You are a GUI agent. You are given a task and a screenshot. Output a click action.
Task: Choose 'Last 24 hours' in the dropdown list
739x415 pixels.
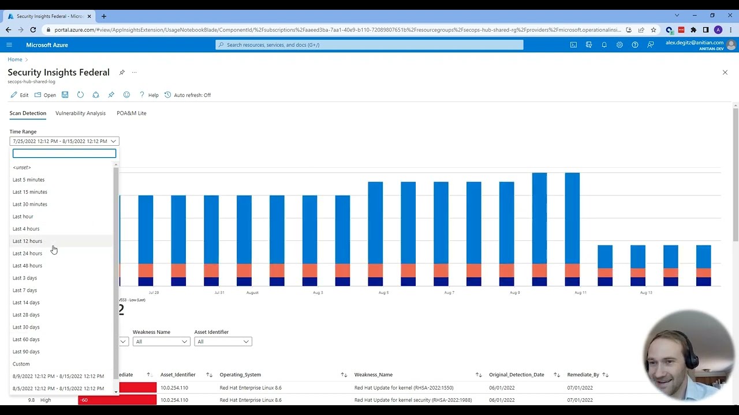click(x=27, y=253)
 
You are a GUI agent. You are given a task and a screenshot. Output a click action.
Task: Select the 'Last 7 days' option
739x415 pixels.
click(x=25, y=290)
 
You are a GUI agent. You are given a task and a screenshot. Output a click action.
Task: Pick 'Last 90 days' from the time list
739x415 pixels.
click(x=26, y=352)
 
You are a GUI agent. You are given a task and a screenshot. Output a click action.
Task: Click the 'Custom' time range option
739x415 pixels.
click(x=21, y=364)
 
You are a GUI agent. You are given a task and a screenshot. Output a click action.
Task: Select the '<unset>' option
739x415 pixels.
click(x=22, y=167)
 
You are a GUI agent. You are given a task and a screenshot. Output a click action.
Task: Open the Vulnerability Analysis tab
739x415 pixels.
click(x=80, y=113)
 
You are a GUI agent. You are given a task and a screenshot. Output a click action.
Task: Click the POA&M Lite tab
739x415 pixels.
click(x=131, y=113)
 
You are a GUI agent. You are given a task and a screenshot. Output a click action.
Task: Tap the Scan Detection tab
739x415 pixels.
click(x=28, y=113)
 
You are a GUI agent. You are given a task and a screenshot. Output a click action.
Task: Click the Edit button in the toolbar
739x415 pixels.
click(x=20, y=95)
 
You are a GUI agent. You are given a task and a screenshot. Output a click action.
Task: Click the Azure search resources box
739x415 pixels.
click(x=369, y=44)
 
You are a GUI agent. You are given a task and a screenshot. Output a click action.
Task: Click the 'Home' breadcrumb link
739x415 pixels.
click(x=15, y=59)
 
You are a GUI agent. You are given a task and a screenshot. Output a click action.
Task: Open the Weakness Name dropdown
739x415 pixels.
click(x=161, y=341)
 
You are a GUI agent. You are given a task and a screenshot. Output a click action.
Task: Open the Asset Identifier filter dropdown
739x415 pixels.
click(x=222, y=341)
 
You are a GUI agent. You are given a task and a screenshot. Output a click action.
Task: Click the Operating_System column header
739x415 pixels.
click(x=240, y=375)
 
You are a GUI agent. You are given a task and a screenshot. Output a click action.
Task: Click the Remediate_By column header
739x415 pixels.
click(x=583, y=375)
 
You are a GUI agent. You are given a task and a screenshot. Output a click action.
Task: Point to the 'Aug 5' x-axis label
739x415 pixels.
click(x=383, y=292)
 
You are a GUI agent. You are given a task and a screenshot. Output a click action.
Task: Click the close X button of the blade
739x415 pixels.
click(x=725, y=72)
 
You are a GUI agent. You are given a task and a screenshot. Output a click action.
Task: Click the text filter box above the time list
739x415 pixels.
click(x=64, y=153)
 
